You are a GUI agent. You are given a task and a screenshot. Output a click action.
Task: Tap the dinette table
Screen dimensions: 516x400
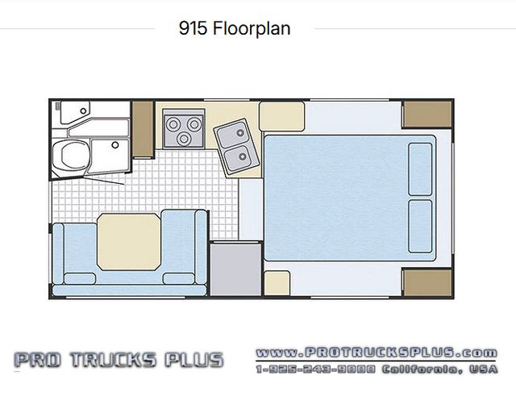tap(129, 242)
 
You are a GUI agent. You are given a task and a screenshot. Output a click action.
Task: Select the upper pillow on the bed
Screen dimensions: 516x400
tap(420, 169)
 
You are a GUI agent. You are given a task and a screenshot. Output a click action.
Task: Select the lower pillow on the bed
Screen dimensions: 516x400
tap(420, 227)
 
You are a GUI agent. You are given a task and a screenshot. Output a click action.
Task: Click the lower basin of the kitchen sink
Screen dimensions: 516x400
tap(240, 157)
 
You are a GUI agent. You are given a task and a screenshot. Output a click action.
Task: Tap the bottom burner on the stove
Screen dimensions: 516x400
tap(184, 139)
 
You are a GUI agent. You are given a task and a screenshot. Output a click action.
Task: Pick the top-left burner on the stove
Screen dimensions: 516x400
tap(173, 124)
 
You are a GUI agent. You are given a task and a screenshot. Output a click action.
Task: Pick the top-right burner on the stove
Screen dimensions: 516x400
tap(194, 124)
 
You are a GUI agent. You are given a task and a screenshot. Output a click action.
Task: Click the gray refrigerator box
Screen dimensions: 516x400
tap(236, 269)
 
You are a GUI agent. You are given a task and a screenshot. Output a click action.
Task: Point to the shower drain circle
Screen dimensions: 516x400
tap(115, 145)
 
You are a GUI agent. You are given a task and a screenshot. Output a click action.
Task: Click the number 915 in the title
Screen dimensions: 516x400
tap(193, 28)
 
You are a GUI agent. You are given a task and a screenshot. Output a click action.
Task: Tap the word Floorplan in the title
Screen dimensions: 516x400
tap(252, 29)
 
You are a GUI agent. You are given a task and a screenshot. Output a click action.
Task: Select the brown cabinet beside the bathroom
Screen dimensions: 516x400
tap(144, 129)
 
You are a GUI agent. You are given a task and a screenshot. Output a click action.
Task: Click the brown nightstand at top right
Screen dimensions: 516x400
tap(427, 114)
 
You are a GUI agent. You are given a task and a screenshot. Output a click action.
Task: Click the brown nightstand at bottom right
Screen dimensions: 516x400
tap(427, 282)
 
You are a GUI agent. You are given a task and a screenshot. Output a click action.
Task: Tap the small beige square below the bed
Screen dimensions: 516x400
tap(277, 283)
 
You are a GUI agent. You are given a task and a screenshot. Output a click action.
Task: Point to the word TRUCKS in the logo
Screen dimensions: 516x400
tap(113, 360)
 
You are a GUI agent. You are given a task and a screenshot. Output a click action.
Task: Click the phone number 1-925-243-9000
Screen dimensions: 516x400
tap(316, 369)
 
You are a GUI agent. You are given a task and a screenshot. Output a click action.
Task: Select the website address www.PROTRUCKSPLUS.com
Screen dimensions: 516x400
tap(377, 353)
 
